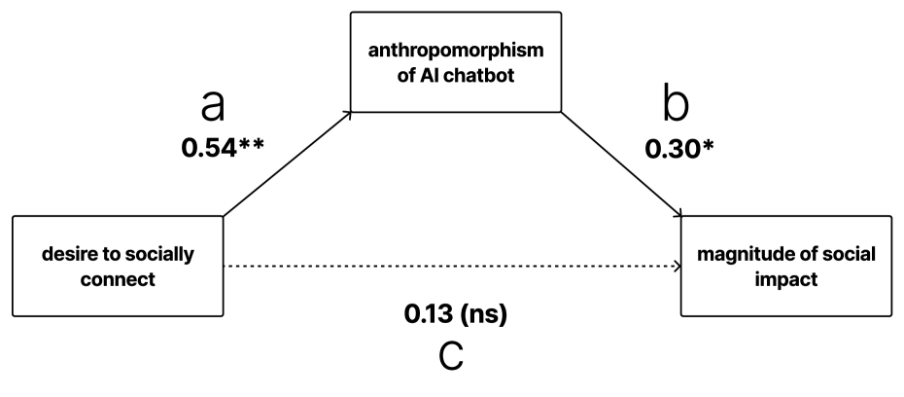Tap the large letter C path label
point(452,358)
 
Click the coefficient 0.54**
point(223,151)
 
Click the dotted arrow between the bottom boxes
point(447,265)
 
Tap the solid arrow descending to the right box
point(622,162)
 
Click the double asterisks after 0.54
point(252,147)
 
